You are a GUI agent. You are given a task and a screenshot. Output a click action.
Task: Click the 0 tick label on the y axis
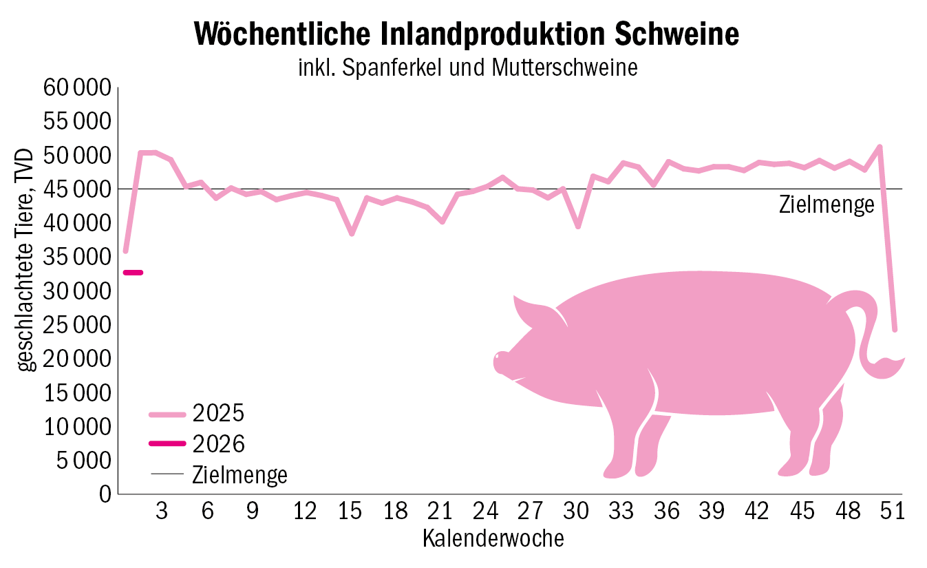104,494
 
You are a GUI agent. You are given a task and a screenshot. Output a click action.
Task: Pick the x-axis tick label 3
162,512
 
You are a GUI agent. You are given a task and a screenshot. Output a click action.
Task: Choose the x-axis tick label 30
577,512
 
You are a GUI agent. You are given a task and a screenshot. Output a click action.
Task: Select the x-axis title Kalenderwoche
493,538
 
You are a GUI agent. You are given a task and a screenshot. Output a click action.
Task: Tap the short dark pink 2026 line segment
133,273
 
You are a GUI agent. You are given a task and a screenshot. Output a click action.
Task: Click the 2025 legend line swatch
167,414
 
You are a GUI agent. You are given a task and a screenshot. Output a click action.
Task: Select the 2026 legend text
219,444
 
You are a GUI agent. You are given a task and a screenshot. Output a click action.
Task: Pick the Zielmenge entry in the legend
239,474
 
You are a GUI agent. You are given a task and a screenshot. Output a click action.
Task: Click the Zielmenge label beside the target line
827,204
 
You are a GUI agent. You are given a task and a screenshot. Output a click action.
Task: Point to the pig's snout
500,362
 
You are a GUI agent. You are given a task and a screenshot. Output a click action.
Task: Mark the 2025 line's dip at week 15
352,234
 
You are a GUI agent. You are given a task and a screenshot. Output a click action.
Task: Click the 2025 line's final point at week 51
895,330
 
